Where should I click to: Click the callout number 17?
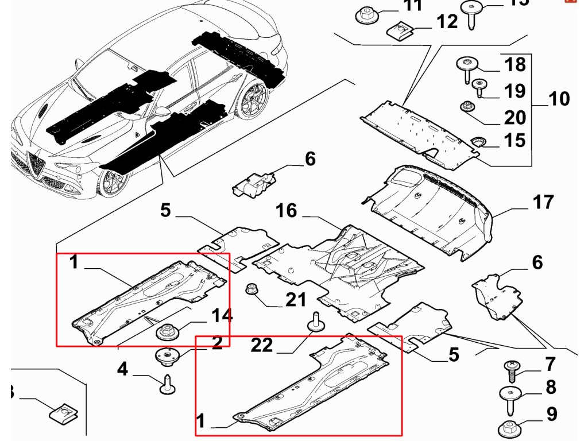point(543,203)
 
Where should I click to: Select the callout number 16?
point(286,211)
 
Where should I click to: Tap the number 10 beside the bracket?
point(559,99)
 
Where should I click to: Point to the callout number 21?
point(295,299)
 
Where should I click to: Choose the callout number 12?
point(447,22)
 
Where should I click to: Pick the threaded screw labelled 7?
point(511,370)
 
